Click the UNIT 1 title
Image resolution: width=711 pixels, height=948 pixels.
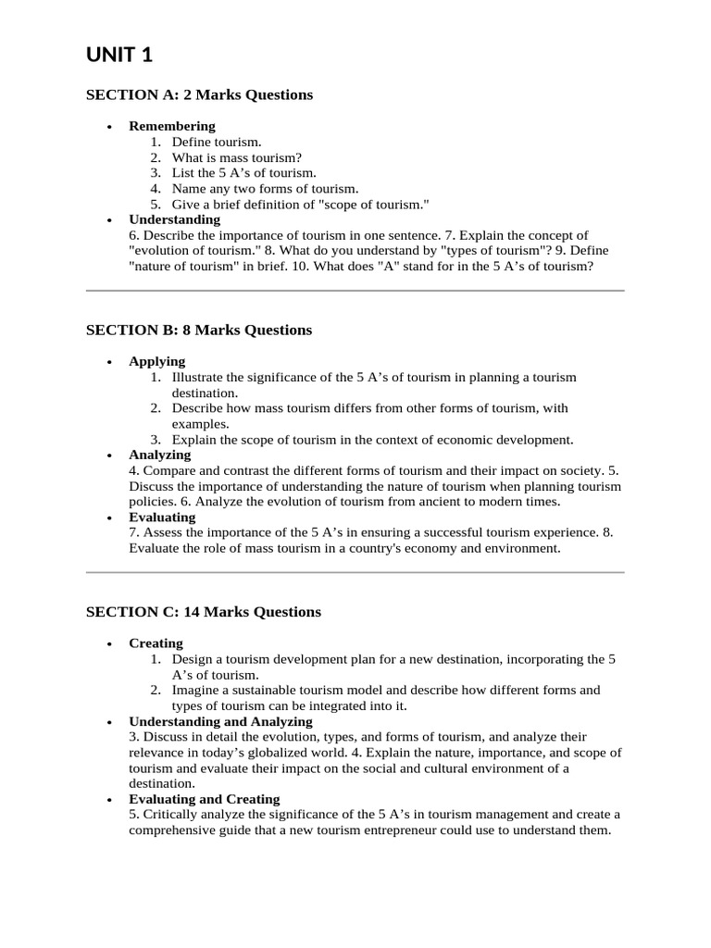click(119, 56)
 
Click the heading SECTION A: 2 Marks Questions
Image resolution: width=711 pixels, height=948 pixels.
click(199, 94)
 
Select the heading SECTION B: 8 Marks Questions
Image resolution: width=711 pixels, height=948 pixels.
click(199, 330)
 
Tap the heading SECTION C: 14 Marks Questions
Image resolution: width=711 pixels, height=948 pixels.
click(204, 611)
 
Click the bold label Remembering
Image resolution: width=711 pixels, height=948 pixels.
click(172, 126)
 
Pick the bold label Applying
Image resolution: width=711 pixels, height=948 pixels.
click(157, 361)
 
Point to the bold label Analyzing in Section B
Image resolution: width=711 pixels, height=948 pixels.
click(160, 455)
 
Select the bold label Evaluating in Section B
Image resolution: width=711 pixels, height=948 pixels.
click(162, 517)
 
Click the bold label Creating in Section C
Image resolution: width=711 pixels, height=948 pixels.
click(156, 642)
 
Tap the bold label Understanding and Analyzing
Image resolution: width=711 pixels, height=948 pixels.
click(220, 721)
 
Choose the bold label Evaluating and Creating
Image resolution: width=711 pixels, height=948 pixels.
click(204, 799)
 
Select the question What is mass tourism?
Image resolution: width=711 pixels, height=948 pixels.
click(237, 157)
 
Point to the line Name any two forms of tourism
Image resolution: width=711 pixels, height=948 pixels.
click(265, 189)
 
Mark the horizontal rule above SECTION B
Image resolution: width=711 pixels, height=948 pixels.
click(355, 291)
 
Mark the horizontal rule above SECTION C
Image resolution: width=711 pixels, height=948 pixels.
click(355, 572)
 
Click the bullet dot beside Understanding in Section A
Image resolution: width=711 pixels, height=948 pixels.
click(109, 220)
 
